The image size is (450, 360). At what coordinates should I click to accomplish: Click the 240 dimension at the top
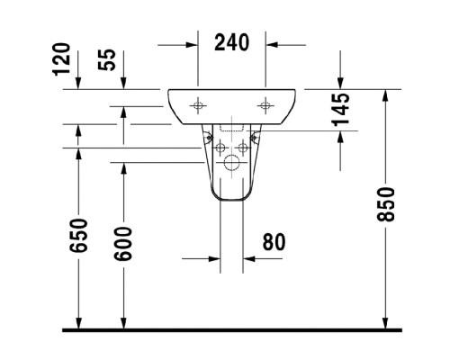[232, 42]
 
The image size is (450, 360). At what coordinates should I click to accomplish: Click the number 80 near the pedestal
[275, 242]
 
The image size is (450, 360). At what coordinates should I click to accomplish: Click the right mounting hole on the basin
[265, 104]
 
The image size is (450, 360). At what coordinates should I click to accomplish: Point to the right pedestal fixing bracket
[255, 139]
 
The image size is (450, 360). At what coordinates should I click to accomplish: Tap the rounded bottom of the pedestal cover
[231, 195]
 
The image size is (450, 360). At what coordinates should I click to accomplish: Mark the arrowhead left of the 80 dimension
[215, 258]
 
